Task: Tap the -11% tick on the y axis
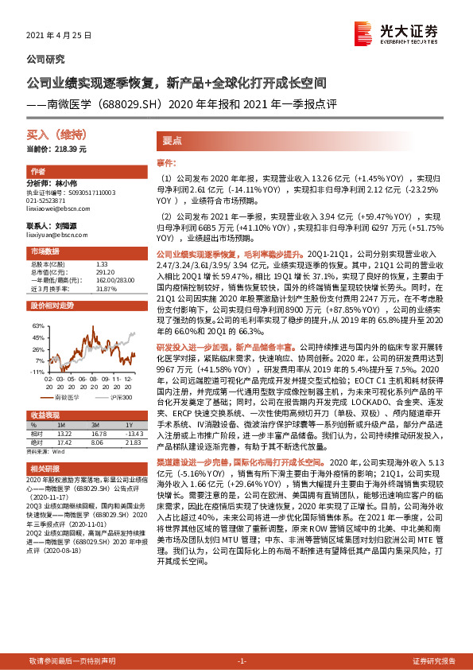tap(38, 371)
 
